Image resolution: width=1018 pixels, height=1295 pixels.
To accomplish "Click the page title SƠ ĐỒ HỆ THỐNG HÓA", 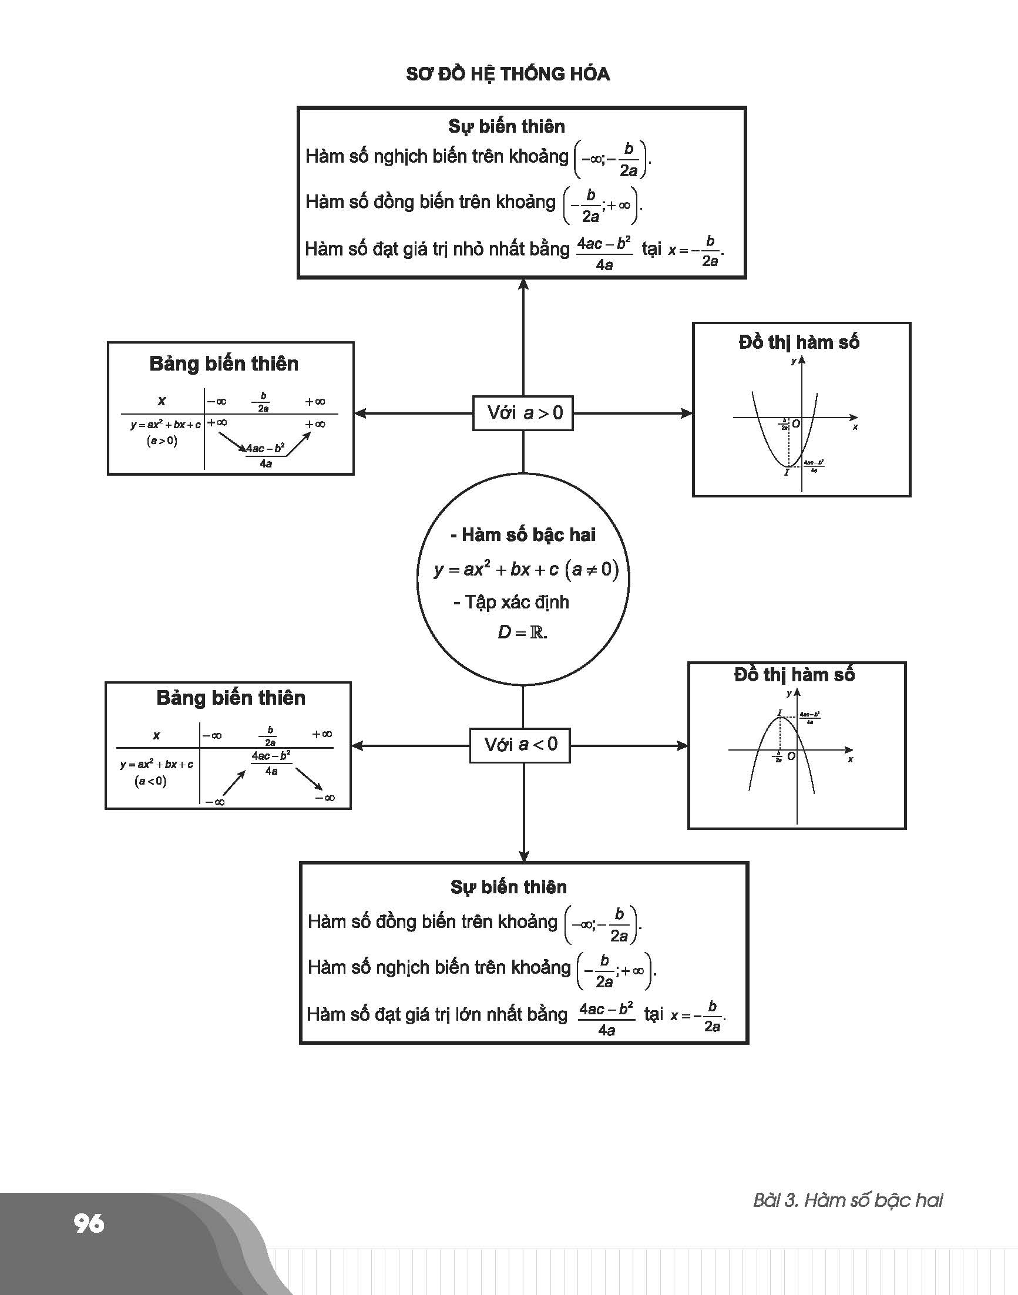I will (508, 74).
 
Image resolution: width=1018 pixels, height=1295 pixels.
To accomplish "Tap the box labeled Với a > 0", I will (523, 412).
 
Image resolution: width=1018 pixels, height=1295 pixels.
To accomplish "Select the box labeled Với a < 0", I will (520, 744).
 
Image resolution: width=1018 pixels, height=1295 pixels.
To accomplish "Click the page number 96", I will (89, 1223).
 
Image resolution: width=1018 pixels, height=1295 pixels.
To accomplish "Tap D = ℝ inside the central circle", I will (522, 632).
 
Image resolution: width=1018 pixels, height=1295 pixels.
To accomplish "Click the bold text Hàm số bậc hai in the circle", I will (528, 534).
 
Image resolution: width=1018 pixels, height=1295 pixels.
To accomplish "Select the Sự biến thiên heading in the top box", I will (506, 126).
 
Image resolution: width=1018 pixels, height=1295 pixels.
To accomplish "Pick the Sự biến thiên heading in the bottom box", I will (508, 887).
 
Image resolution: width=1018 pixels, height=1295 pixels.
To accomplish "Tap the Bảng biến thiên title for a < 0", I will (231, 698).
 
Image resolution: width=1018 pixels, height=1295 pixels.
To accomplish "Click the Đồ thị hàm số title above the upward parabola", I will (799, 342).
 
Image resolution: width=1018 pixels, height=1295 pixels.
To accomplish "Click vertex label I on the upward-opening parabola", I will (786, 472).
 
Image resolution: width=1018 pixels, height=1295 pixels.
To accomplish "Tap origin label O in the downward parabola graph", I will (791, 756).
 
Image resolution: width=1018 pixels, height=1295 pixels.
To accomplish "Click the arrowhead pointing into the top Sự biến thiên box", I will (523, 285).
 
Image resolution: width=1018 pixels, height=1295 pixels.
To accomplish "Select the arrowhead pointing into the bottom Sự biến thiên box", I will (523, 856).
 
